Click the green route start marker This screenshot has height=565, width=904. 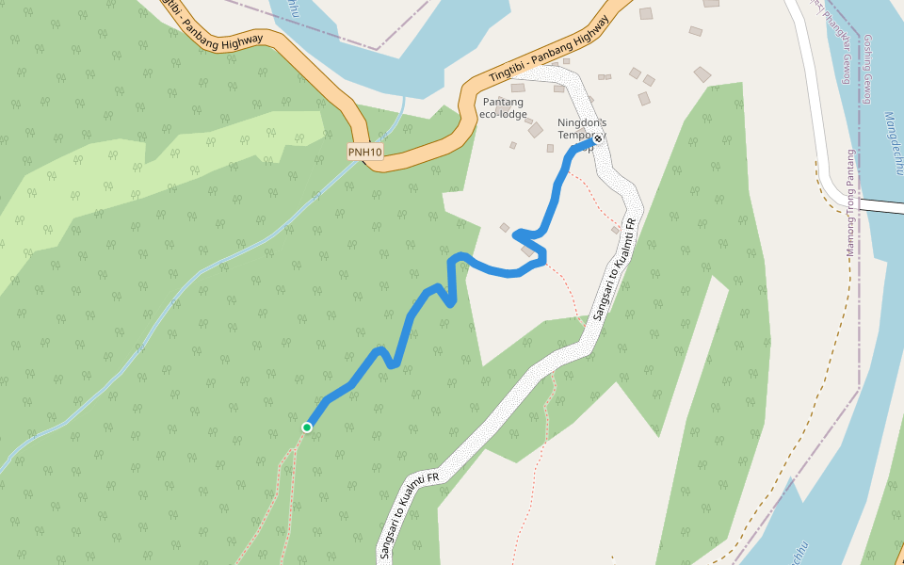tap(306, 428)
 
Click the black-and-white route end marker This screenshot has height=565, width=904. tap(597, 139)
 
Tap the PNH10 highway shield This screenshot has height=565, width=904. tap(364, 153)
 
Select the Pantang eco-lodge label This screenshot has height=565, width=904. tap(504, 108)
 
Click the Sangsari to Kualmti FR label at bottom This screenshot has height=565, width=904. tap(409, 515)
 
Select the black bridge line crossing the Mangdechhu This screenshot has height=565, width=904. tap(881, 204)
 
